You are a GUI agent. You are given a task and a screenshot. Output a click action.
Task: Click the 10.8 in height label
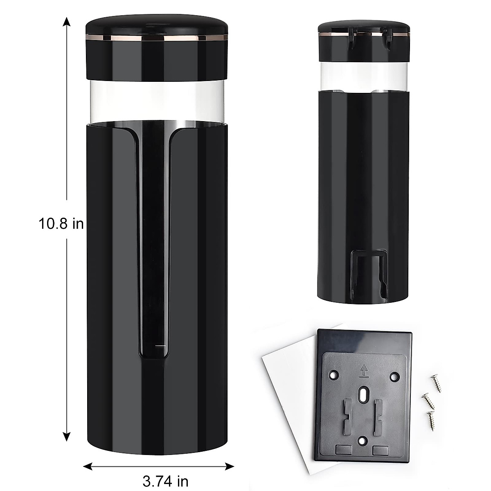[61, 224]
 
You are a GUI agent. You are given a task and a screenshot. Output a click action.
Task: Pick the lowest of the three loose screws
[431, 417]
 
